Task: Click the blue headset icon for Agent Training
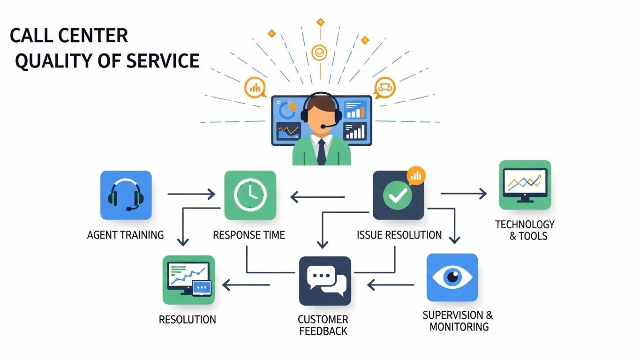126,195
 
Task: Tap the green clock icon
250,195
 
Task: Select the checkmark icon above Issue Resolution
397,196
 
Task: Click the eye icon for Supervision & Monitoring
452,277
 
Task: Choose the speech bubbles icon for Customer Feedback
325,281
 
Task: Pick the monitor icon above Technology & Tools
525,185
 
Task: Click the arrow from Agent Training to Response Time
191,193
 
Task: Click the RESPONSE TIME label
249,235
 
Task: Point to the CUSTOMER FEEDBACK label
323,325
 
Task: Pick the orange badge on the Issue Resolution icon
416,175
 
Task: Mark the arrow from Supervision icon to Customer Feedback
391,284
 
